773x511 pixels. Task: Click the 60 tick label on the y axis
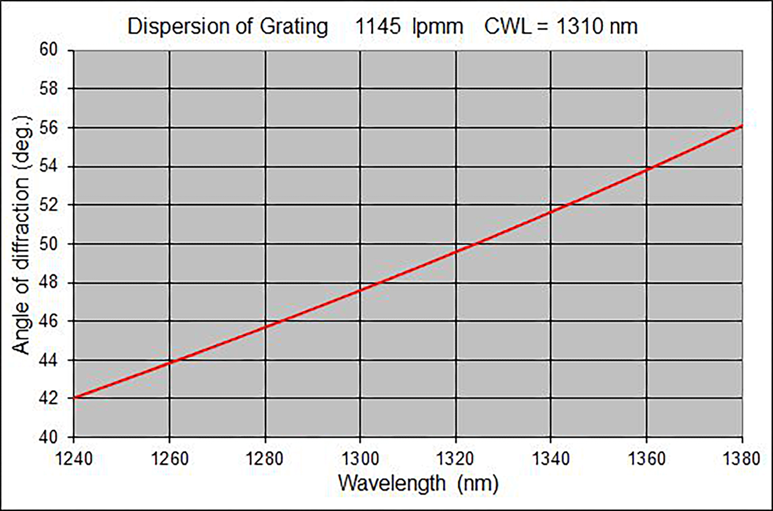[48, 50]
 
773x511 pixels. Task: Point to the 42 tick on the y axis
[48, 398]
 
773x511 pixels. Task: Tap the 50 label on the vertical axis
[48, 244]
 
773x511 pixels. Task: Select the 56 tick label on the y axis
[48, 128]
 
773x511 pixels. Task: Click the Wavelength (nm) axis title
[418, 484]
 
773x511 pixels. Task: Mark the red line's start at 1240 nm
[74, 398]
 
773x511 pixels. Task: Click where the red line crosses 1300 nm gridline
[360, 290]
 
